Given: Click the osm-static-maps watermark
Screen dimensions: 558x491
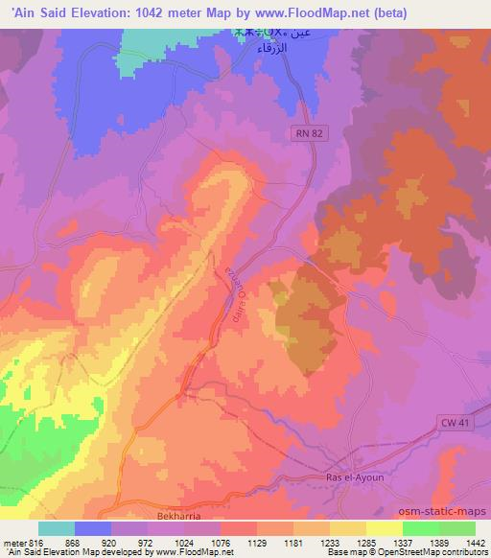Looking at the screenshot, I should click(448, 508).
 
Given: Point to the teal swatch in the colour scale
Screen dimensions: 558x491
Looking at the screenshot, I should click(57, 528).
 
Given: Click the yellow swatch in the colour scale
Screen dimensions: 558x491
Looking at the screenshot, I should click(384, 528).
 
